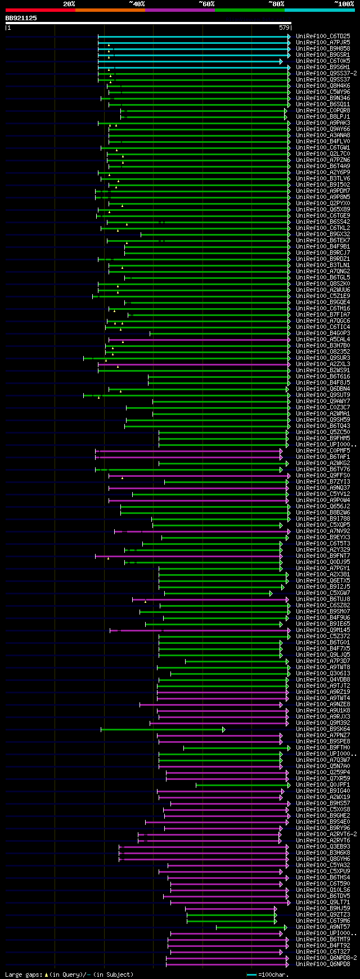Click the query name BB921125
(x=21, y=18)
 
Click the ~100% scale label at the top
(x=344, y=4)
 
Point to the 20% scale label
(x=69, y=4)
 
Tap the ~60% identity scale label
(x=206, y=4)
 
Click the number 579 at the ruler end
(x=284, y=28)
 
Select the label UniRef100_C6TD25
(x=323, y=37)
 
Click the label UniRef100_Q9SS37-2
(x=326, y=74)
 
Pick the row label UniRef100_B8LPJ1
(x=323, y=117)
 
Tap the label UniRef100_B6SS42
(x=323, y=222)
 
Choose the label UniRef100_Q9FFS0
(x=323, y=476)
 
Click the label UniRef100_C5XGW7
(x=323, y=593)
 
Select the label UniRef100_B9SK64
(x=323, y=729)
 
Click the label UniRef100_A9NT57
(x=323, y=927)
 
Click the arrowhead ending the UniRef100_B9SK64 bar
(x=223, y=729)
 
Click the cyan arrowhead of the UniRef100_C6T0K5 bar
(x=281, y=61)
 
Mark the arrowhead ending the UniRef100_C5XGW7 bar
(x=271, y=593)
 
